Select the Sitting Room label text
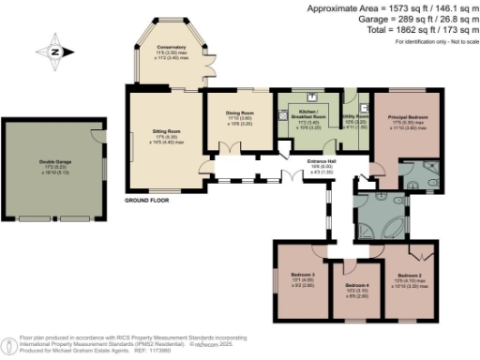165,132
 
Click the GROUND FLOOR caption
146,200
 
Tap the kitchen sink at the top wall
312,97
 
